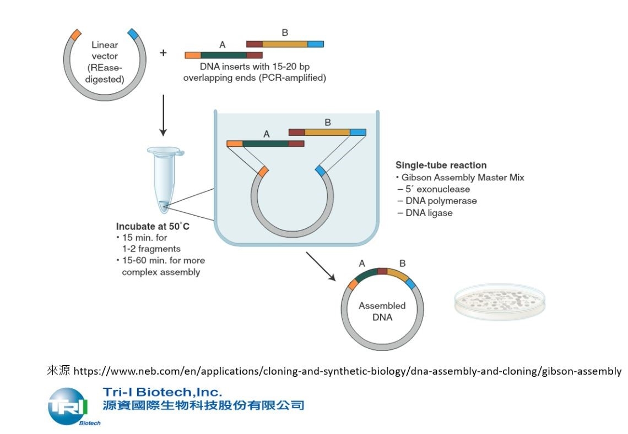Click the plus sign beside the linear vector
click(163, 53)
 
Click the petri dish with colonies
click(500, 301)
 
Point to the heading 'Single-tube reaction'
click(441, 165)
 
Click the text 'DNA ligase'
click(429, 213)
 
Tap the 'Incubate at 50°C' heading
click(153, 227)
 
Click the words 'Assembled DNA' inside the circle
click(382, 311)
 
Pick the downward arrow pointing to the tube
click(163, 115)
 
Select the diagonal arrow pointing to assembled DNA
click(321, 266)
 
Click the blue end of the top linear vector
click(133, 34)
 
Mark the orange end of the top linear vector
click(75, 35)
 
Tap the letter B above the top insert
click(285, 32)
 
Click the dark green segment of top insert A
click(224, 55)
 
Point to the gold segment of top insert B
click(285, 44)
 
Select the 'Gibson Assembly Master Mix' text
click(463, 177)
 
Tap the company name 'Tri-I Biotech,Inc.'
click(162, 392)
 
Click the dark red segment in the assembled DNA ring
click(382, 271)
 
